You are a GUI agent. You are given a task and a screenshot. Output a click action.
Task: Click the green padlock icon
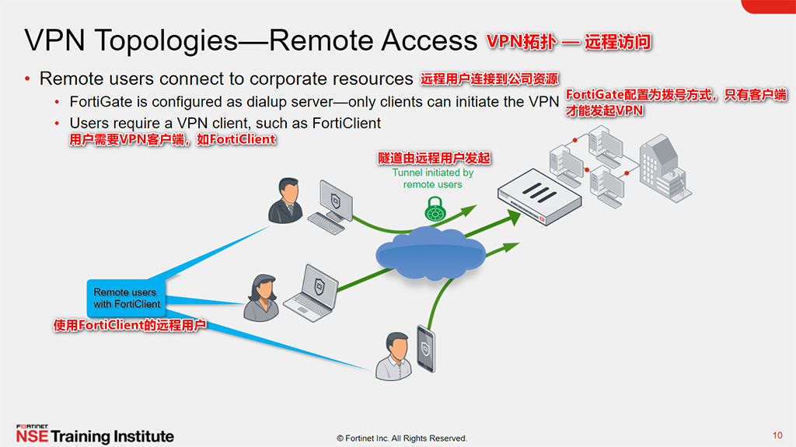(435, 208)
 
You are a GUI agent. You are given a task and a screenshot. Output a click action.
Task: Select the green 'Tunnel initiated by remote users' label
(432, 179)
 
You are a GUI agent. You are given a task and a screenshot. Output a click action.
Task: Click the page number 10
(777, 435)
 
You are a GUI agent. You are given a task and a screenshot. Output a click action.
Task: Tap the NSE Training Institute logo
(95, 435)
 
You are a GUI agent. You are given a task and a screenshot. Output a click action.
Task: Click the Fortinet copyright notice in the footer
(401, 438)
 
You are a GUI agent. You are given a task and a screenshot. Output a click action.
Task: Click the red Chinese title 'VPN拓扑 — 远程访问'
(568, 42)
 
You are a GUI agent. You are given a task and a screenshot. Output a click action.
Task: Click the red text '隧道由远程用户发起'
(434, 158)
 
